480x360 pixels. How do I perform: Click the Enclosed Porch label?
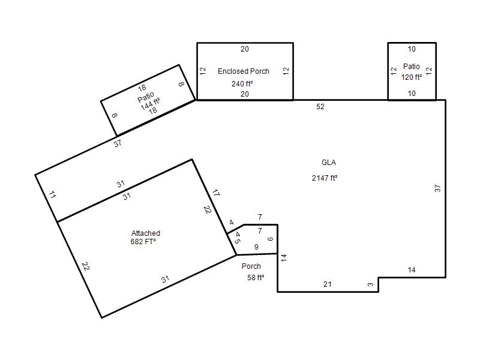point(244,71)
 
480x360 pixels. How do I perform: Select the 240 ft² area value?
point(242,83)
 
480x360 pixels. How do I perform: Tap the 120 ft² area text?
point(412,77)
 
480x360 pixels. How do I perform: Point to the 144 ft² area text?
point(151,103)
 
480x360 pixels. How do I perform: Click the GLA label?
point(329,163)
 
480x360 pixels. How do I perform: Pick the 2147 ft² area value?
point(325,178)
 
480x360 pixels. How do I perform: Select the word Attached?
point(146,233)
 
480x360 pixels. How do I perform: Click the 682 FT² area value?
point(143,242)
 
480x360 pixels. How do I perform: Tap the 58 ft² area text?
point(256,278)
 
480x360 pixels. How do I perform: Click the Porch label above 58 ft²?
point(251,266)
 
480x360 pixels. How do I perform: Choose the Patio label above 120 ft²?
point(411,67)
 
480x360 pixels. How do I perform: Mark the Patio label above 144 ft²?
point(146,97)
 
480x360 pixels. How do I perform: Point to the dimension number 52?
point(320,107)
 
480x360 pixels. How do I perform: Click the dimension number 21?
point(327,284)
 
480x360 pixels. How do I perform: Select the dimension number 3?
point(370,284)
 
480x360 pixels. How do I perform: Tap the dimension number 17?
point(216,193)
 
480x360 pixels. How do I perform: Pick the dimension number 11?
point(52,194)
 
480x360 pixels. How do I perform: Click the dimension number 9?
point(256,247)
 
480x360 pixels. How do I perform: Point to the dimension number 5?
point(237,241)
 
